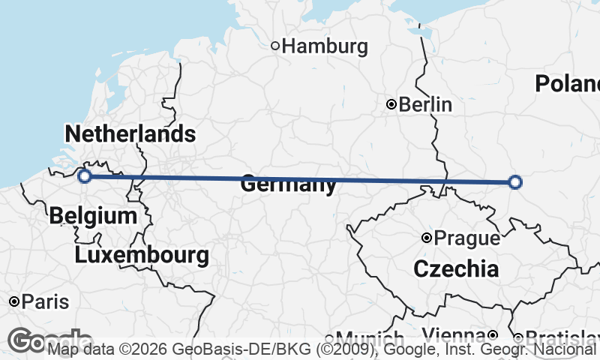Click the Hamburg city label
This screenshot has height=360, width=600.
[x=325, y=46]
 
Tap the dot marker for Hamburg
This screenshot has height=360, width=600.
[x=275, y=46]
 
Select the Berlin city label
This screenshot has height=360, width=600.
[x=425, y=104]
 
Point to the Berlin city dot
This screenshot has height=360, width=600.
[x=391, y=104]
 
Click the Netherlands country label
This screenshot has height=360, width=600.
[x=130, y=134]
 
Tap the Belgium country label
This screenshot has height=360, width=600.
[x=93, y=217]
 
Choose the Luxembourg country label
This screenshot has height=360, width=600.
[x=142, y=255]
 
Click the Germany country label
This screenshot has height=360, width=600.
[x=288, y=185]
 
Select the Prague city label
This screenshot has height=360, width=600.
[x=466, y=238]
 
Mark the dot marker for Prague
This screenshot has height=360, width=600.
[x=426, y=238]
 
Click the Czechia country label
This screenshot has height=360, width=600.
[x=455, y=268]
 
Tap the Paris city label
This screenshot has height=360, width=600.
[x=45, y=302]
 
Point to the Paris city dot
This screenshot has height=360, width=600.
[x=13, y=301]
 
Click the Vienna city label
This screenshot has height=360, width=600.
[x=453, y=334]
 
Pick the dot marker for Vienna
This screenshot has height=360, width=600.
[x=493, y=334]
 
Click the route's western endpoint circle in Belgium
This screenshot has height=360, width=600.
[x=85, y=175]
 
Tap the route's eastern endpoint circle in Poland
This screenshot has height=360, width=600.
[x=514, y=181]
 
